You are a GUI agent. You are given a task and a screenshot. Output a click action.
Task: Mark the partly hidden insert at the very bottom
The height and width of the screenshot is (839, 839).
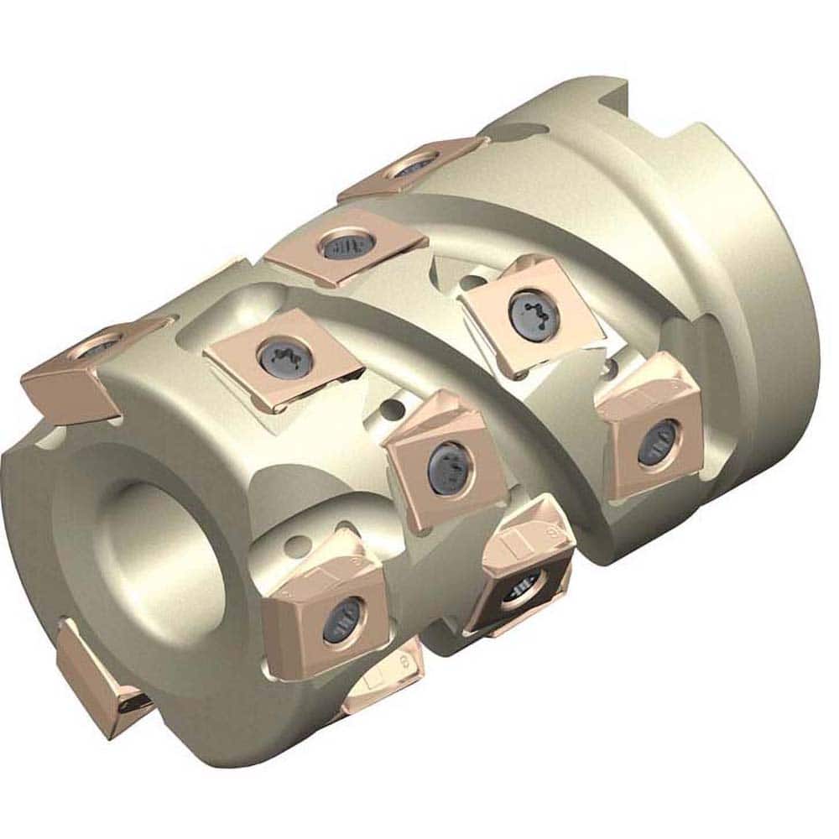[378, 684]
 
